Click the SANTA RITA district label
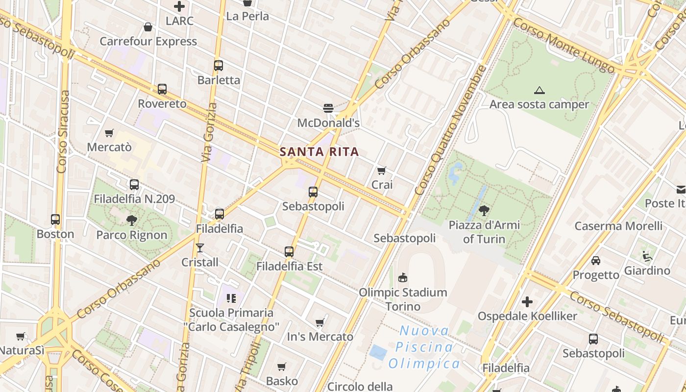click(319, 152)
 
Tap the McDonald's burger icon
click(328, 108)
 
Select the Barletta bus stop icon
click(219, 65)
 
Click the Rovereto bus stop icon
click(162, 89)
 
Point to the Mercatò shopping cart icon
click(109, 133)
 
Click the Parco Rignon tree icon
click(131, 220)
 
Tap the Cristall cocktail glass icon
click(199, 247)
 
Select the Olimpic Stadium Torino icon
click(403, 278)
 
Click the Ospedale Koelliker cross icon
click(527, 302)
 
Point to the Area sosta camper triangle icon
click(539, 90)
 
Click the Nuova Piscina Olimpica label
click(424, 347)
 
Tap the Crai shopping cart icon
click(382, 171)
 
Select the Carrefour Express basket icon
click(148, 27)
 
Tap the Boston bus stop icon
click(55, 220)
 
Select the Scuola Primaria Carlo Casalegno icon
click(231, 298)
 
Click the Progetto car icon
click(596, 261)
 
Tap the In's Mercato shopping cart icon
click(320, 322)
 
